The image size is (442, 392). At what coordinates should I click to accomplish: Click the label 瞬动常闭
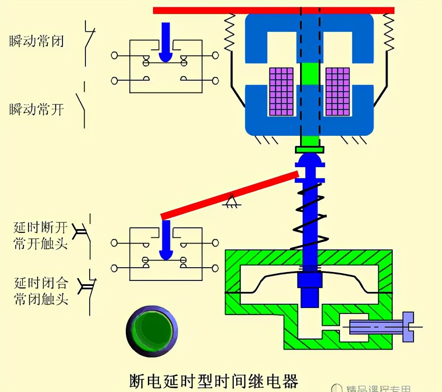pos(37,41)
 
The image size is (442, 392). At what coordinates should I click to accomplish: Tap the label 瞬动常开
pos(37,109)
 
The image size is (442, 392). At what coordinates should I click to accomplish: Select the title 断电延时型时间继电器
pos(213,380)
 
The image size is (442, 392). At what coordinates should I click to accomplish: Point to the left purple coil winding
pos(281,92)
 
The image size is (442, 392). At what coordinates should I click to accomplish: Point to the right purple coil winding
pos(337,92)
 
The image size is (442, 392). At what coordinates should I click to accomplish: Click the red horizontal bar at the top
pos(273,10)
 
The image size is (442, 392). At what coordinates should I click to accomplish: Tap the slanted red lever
pos(229,195)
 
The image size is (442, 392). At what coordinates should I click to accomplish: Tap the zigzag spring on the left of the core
pos(230,32)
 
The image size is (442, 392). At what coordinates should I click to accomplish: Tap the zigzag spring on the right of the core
pos(388,32)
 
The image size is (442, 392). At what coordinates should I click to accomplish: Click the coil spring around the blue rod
pos(309,216)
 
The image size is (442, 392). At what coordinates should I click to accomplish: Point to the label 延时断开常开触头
pos(40,235)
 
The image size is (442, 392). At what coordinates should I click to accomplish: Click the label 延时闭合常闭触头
pos(41,291)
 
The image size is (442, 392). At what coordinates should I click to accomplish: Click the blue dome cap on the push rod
pos(309,160)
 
